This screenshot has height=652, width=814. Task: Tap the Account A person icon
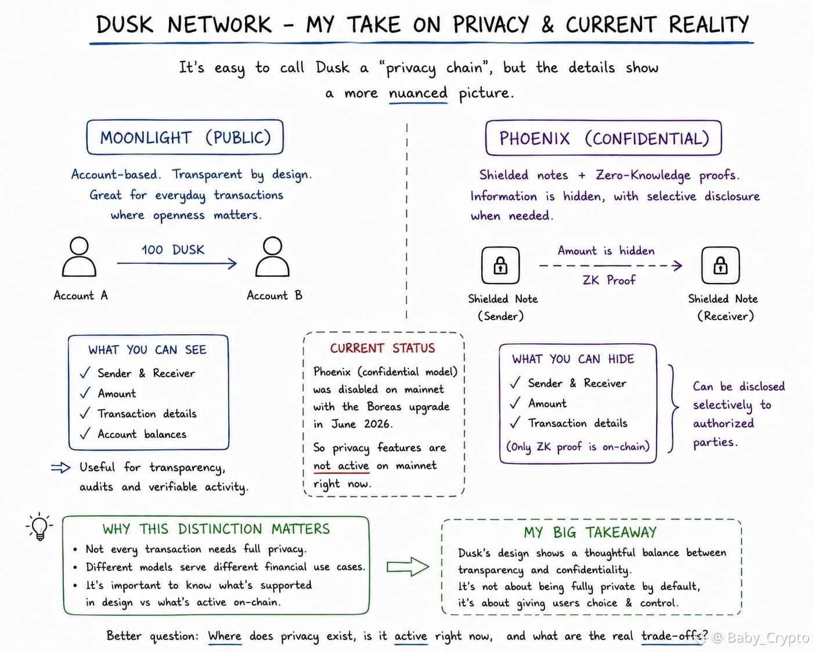click(79, 257)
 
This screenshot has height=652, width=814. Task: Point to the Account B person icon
click(272, 257)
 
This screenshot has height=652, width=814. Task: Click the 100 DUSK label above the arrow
click(173, 250)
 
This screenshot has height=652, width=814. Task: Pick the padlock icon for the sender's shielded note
click(500, 265)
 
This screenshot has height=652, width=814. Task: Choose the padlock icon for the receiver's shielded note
click(720, 265)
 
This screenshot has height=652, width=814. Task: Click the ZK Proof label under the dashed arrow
click(609, 280)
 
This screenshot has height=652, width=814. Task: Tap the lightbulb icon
click(39, 526)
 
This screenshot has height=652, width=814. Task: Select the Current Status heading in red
click(383, 348)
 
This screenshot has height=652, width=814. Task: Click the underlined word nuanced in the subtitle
click(418, 93)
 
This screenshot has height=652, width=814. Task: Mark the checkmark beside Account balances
click(85, 433)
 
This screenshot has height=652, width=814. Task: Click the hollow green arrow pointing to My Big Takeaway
click(408, 567)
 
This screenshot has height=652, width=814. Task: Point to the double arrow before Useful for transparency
click(60, 468)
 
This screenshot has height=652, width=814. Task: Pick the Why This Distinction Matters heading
click(216, 529)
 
